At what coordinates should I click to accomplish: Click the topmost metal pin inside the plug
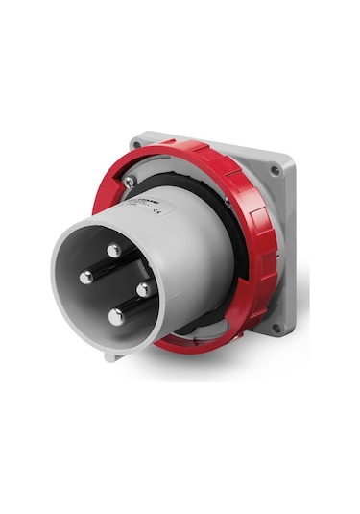tap(113, 250)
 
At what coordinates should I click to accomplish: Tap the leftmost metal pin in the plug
tap(85, 277)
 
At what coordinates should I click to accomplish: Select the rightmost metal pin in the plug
tap(141, 286)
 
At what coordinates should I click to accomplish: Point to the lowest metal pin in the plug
tap(114, 315)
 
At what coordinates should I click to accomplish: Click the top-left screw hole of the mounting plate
tap(141, 145)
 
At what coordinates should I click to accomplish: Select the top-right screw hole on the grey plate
tap(276, 171)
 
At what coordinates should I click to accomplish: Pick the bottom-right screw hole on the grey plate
tap(276, 327)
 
